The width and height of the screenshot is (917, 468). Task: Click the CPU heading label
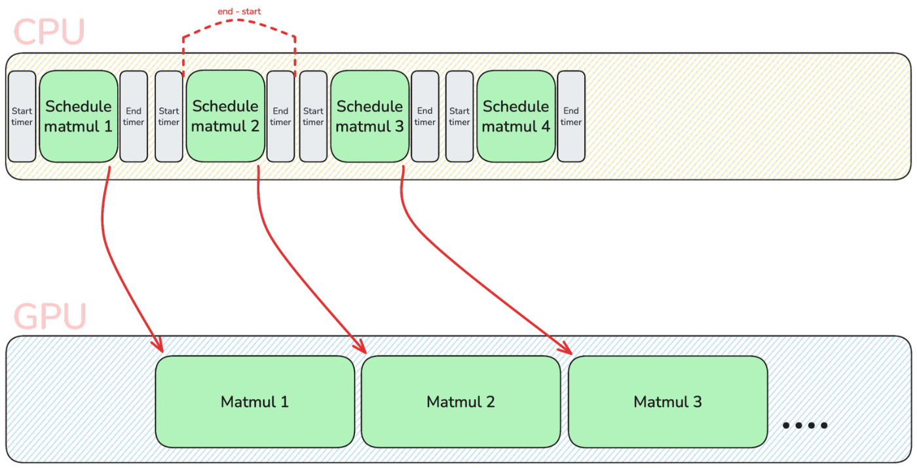(49, 31)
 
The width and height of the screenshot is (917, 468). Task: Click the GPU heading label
(50, 317)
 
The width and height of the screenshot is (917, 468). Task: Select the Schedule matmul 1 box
(79, 116)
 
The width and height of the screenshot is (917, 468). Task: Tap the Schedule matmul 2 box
(225, 116)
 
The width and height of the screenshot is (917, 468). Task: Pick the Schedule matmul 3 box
(369, 116)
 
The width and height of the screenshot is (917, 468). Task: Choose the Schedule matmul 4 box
(516, 116)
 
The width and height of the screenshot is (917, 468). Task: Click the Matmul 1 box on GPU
(255, 402)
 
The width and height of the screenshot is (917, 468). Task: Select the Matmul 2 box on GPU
(460, 402)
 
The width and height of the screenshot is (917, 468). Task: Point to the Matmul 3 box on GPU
(667, 402)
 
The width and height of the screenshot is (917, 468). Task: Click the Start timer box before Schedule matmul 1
(22, 116)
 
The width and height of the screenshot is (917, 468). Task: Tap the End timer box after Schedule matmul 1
(134, 116)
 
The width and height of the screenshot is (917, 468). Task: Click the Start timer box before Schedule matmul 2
(169, 116)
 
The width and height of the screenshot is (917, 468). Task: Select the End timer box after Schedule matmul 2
(280, 116)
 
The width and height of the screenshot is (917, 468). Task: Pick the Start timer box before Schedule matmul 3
(313, 116)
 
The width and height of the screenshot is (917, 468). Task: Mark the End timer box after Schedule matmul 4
(571, 116)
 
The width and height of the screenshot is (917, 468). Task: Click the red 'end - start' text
(239, 12)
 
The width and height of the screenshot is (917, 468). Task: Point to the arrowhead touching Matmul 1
(158, 344)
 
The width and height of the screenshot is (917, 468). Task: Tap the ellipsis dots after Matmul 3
(804, 425)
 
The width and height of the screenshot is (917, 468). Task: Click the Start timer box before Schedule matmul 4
(459, 116)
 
